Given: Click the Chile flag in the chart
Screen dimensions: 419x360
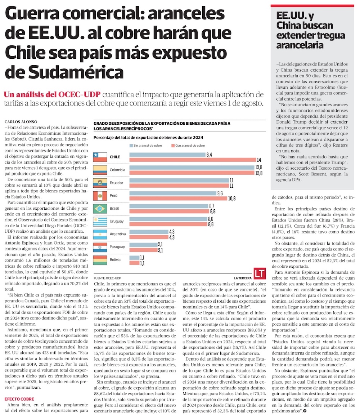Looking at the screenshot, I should pos(100,157).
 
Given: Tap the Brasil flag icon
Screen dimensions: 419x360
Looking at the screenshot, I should pos(100,208).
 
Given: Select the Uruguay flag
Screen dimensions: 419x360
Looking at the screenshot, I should pos(100,221).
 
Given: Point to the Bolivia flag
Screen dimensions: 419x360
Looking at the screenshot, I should pos(100,260).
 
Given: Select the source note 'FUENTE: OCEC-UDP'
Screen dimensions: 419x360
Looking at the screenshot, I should pos(107,278).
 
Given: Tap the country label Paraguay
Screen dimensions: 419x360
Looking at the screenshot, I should pos(117,247).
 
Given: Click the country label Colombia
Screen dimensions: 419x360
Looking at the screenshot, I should pos(117,170).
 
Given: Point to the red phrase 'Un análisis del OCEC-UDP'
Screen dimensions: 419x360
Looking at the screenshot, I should pos(52,95).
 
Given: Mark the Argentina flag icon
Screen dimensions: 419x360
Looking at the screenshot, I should pos(100,234).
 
